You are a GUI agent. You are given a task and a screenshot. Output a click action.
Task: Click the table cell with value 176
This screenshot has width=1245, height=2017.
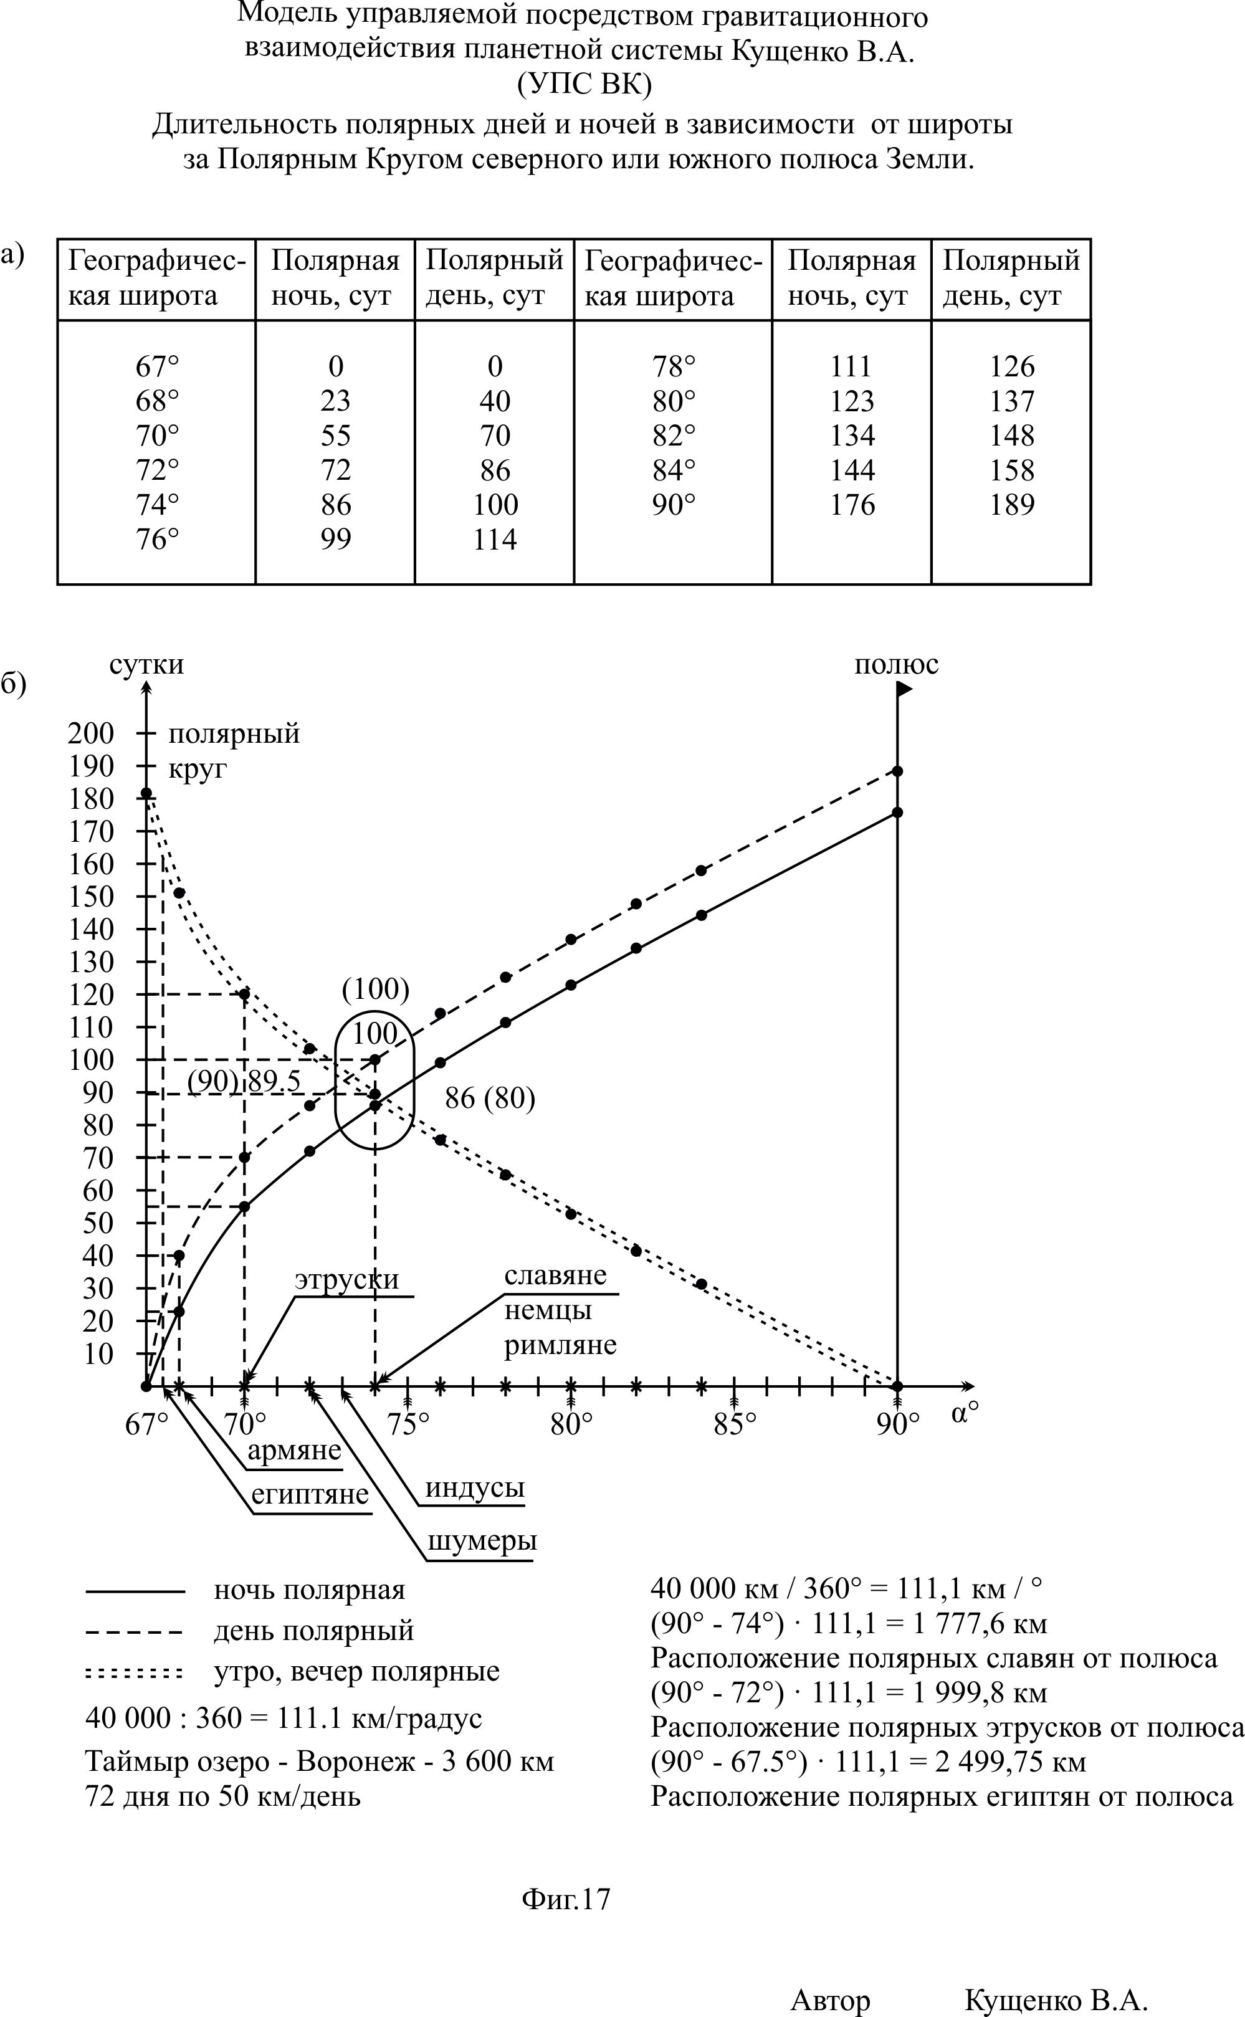coord(851,505)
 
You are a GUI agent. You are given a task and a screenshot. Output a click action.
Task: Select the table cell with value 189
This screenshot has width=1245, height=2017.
coord(1011,505)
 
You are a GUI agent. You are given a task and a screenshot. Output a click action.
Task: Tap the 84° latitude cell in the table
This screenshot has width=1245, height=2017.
coord(674,470)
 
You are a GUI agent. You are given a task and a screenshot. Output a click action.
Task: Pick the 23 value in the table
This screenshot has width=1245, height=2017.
coord(335,401)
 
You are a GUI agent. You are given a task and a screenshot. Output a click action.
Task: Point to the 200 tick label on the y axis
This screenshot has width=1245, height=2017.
coord(90,733)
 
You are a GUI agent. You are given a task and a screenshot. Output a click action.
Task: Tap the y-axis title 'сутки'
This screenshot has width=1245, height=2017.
coord(146,664)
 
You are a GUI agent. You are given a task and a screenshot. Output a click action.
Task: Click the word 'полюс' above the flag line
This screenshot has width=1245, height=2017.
coord(896,664)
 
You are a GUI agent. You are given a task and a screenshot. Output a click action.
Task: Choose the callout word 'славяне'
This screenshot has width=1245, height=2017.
coord(555,1276)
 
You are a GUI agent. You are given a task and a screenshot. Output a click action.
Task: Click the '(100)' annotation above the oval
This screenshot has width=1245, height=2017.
coord(376,989)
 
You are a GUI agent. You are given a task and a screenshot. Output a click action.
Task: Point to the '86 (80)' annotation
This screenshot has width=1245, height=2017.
coord(490,1099)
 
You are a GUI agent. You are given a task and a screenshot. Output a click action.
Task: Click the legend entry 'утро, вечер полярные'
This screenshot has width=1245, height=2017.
coord(356,1672)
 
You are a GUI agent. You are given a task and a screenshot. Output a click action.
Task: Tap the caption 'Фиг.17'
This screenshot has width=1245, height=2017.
coord(566,1899)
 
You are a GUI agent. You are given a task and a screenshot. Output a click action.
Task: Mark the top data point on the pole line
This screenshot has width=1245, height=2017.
coord(897,771)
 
